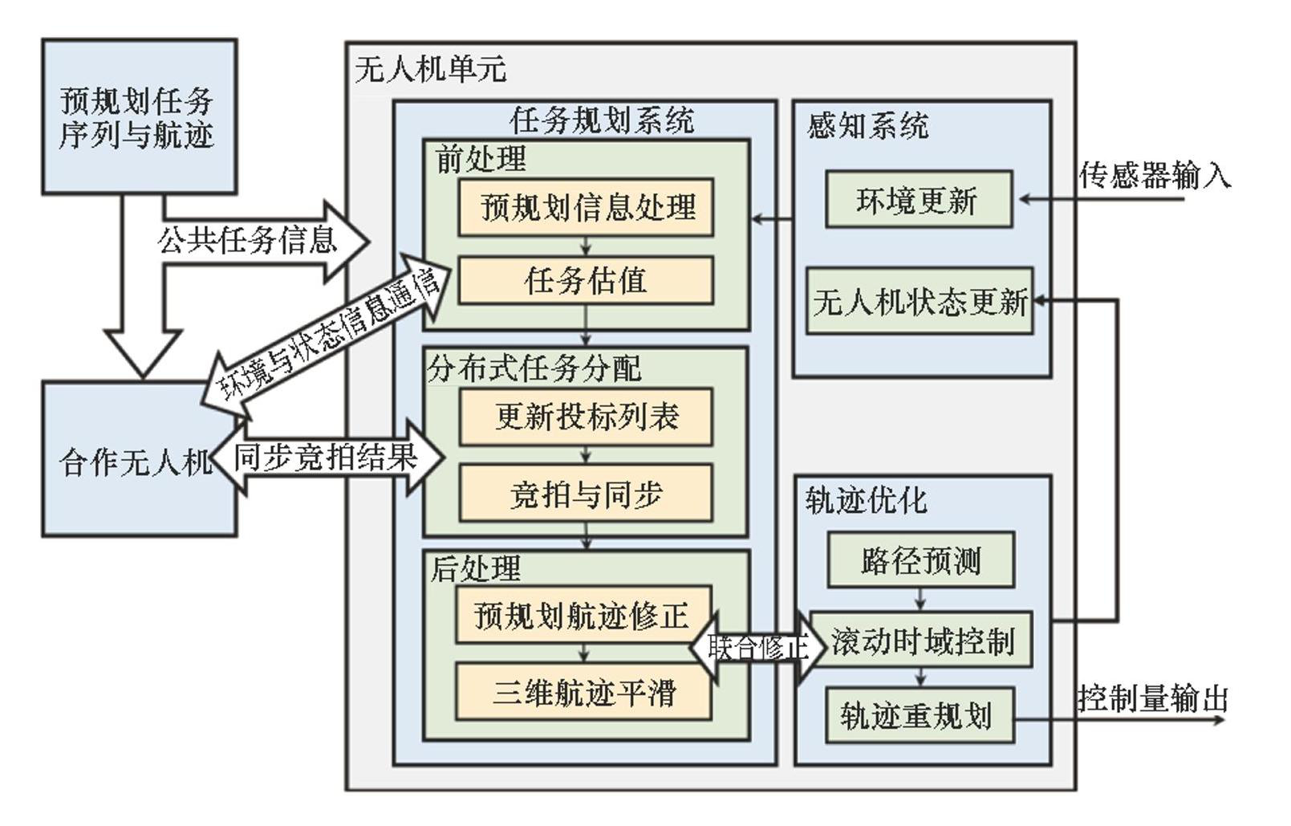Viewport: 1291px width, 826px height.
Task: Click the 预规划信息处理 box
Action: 586,207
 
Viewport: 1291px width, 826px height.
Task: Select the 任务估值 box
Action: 586,280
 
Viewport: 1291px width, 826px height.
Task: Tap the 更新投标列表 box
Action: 586,417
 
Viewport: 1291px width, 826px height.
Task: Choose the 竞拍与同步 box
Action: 586,494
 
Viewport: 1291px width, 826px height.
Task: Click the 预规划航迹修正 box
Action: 581,616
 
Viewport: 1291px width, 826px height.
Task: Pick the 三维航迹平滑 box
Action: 583,692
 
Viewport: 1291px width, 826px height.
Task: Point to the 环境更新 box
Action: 918,199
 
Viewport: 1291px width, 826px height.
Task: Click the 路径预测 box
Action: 920,559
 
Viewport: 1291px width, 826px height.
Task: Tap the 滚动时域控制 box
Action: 921,641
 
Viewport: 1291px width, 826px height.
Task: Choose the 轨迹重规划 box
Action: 920,714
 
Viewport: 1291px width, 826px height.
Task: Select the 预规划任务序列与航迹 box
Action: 139,117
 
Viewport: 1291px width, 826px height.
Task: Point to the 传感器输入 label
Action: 1154,174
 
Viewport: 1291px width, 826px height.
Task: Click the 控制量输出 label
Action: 1152,698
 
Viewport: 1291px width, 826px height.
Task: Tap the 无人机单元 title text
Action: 430,69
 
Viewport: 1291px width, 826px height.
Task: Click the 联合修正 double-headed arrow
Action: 757,646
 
